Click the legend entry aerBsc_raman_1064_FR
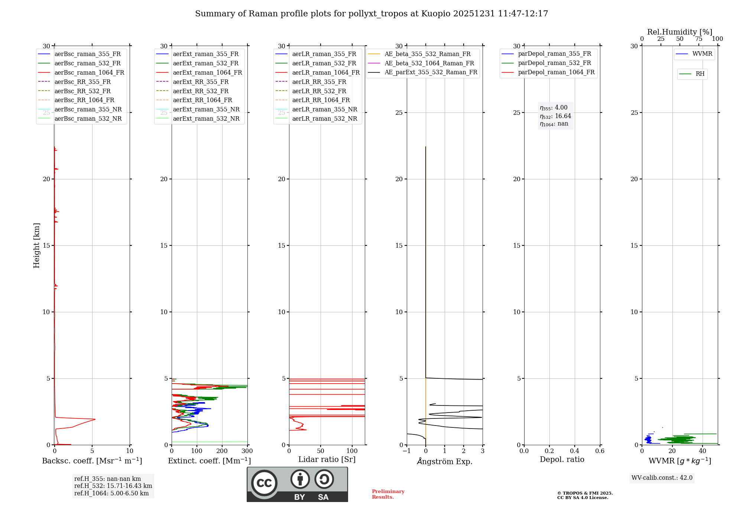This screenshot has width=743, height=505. coord(89,73)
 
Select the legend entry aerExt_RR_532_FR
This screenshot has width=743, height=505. coord(201,91)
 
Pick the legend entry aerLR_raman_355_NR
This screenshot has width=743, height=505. coord(324,109)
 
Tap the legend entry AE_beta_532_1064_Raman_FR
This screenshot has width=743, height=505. coord(429,63)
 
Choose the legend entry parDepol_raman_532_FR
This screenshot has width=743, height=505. coord(554,63)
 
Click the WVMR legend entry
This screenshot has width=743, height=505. coord(702,54)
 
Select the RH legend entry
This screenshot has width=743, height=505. coord(700,74)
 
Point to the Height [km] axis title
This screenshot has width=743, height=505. coord(36,245)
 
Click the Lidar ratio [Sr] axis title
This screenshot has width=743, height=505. coord(327,459)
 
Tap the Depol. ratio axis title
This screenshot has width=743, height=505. coord(562,459)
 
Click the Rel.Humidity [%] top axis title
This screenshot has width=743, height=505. coord(679,32)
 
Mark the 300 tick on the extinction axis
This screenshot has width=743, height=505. coord(247,451)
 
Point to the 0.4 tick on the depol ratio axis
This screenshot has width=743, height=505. coord(574,451)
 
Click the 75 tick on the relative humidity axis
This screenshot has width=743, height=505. coord(698,39)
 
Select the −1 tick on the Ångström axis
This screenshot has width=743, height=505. coord(406,451)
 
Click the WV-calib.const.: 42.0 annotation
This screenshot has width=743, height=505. coord(662,478)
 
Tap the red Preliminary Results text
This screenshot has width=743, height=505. coord(388,494)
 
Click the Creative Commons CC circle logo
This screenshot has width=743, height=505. coord(264,483)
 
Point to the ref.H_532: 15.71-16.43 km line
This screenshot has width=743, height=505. coord(113,486)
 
